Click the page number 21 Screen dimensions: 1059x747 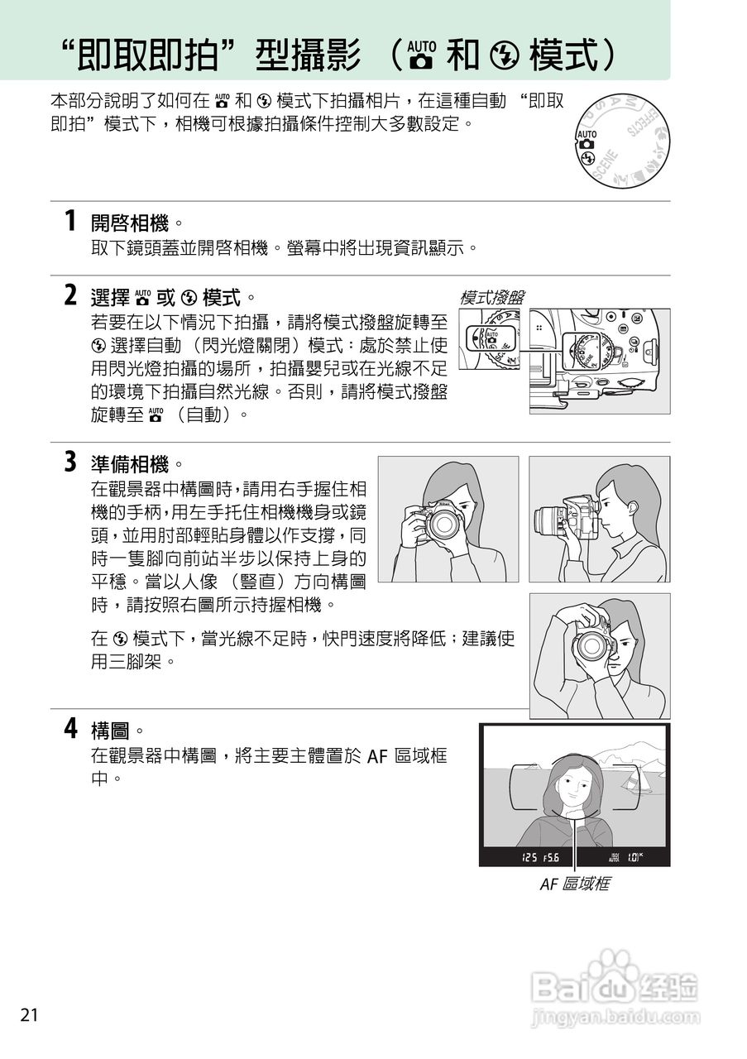[30, 1015]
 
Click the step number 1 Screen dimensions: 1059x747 [72, 222]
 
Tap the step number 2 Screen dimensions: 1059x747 [72, 295]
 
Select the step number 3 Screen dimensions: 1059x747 [72, 462]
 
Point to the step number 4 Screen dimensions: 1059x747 [72, 729]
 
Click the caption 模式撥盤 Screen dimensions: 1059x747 [492, 298]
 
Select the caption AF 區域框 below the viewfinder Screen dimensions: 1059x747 [574, 884]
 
